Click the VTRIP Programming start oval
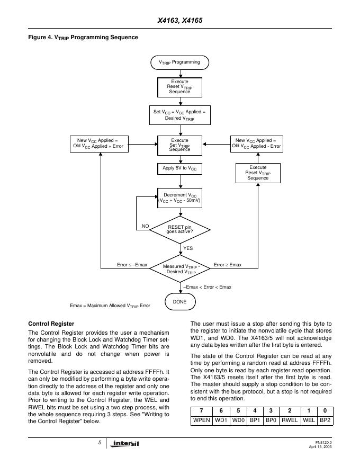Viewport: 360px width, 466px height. tap(179, 62)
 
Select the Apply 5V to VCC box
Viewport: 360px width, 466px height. tap(179, 168)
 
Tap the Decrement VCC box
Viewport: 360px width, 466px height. tap(179, 198)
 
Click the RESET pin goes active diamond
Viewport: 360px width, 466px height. tap(180, 229)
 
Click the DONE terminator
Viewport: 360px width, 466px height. tap(180, 301)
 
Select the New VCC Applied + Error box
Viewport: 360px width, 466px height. tap(100, 144)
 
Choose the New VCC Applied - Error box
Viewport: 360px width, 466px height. tap(257, 144)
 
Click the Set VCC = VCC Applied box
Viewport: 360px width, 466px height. tap(179, 115)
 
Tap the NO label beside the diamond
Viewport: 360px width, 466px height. tap(145, 226)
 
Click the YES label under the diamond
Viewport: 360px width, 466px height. tap(187, 248)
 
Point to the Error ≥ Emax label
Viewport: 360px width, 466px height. tap(228, 264)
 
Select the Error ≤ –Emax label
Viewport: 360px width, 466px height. tap(132, 264)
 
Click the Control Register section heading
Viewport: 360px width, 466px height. tap(51, 323)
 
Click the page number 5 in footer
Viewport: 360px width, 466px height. tap(100, 442)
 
